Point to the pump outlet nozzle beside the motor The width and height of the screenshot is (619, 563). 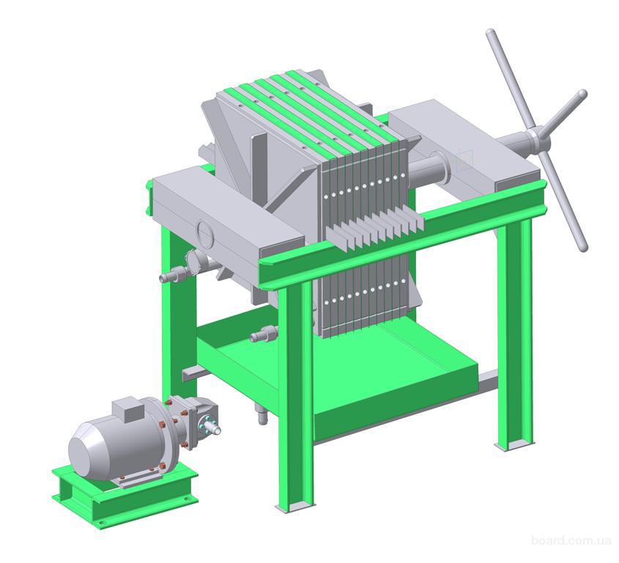click(x=212, y=427)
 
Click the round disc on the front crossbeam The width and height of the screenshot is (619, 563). click(x=204, y=232)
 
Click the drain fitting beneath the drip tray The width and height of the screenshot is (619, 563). click(x=262, y=416)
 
